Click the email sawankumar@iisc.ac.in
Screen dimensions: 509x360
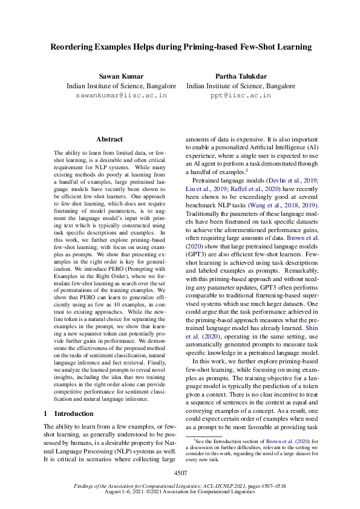pos(121,96)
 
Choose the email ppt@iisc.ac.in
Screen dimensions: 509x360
pos(240,96)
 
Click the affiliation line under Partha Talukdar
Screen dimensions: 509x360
pos(240,86)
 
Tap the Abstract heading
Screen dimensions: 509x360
pos(110,139)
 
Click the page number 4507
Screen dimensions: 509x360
pos(180,473)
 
